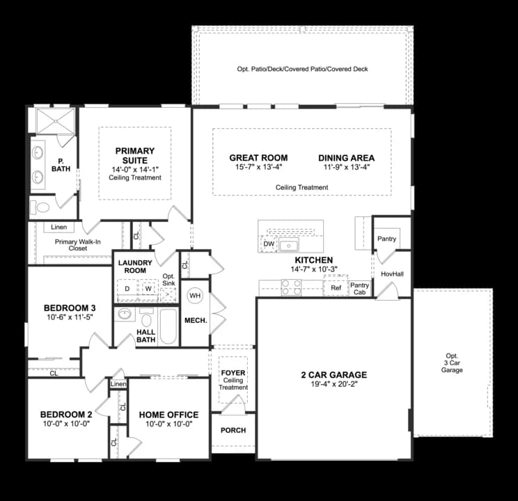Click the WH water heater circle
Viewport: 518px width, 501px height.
click(x=194, y=295)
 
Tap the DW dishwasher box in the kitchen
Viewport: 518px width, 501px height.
click(x=269, y=244)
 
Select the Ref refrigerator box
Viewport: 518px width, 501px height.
click(x=336, y=287)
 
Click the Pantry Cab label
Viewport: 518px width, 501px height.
click(x=360, y=288)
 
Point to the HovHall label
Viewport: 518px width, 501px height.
click(x=392, y=274)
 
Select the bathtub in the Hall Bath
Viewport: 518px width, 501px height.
click(x=168, y=326)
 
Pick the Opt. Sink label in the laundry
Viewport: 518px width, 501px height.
click(x=168, y=280)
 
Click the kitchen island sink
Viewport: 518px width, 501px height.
click(x=288, y=245)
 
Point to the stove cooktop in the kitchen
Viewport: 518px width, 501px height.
click(x=290, y=286)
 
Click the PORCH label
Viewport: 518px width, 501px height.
click(x=233, y=430)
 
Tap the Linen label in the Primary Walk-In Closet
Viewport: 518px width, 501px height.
click(x=58, y=228)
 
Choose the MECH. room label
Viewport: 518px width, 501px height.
click(x=195, y=321)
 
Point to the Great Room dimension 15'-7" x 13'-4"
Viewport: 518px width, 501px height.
click(x=258, y=168)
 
